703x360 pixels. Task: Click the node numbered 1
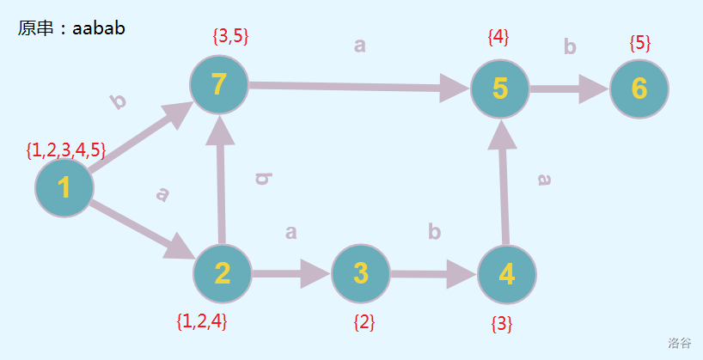[x=64, y=188]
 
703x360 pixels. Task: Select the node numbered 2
[x=223, y=273]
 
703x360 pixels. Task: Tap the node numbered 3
[x=361, y=273]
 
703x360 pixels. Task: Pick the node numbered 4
[x=506, y=275]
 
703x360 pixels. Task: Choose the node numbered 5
[x=500, y=88]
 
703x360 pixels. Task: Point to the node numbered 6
[x=639, y=88]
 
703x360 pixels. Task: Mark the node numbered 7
[x=219, y=85]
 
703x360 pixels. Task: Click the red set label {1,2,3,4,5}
[x=66, y=151]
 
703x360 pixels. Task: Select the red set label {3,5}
[x=229, y=37]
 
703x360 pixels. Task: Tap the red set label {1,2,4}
[x=201, y=322]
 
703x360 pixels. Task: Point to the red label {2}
[x=364, y=323]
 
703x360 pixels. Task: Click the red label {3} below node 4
[x=502, y=325]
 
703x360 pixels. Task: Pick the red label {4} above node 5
[x=498, y=37]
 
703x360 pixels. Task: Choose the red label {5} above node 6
[x=640, y=42]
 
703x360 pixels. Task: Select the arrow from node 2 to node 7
[x=221, y=180]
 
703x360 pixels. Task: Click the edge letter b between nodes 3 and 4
[x=434, y=232]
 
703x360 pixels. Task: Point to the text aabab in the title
[x=99, y=27]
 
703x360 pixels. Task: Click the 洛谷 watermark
[x=679, y=343]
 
